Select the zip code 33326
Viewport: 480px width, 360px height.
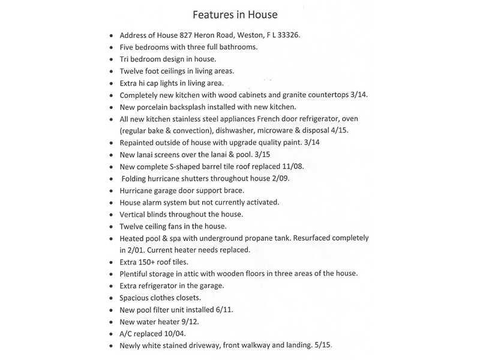tap(287, 35)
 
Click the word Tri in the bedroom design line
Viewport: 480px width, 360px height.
tap(125, 59)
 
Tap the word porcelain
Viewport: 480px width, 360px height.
tap(159, 107)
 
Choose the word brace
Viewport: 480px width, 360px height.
tap(227, 190)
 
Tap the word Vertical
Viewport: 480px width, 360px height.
tap(134, 214)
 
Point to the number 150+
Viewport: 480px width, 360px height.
tap(150, 262)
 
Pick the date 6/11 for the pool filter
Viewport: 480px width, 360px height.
tap(224, 310)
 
